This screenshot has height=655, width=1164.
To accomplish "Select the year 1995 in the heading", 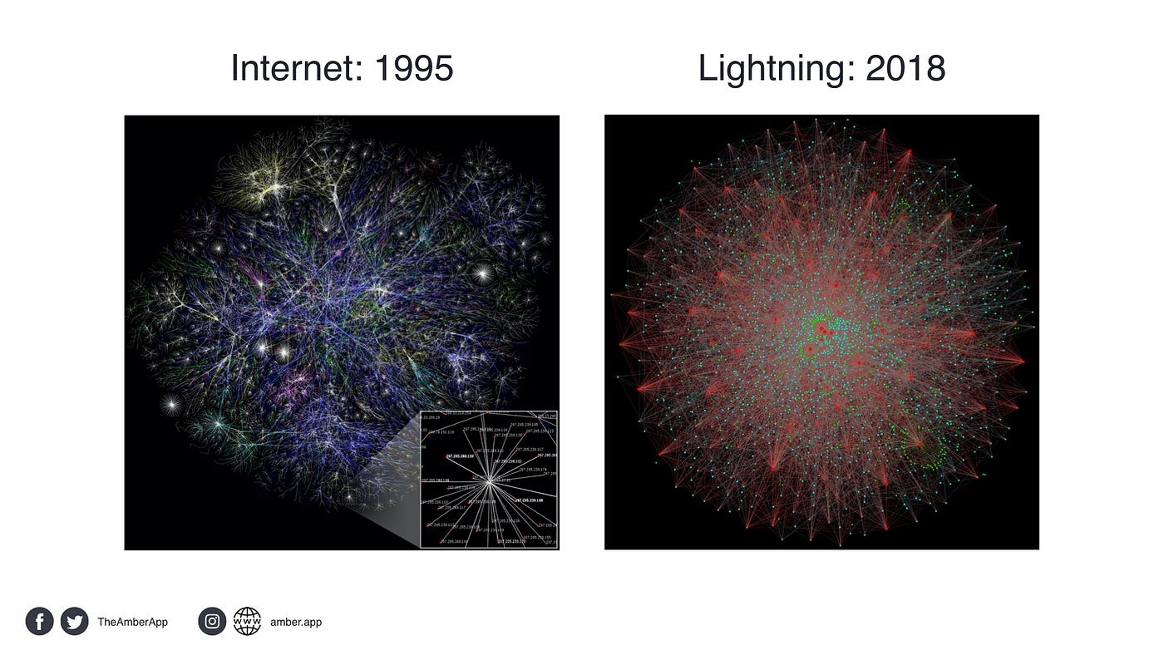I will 413,68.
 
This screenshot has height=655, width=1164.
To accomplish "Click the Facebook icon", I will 39,621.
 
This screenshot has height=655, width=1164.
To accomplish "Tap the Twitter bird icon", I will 74,621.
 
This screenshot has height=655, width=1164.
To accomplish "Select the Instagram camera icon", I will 212,621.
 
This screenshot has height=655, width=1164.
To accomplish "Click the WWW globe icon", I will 247,621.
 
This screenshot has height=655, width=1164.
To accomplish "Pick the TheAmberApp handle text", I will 132,622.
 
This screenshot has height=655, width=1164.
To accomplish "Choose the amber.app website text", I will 296,622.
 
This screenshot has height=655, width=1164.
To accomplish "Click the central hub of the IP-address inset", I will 490,481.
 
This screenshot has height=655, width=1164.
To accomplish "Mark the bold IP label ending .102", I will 459,456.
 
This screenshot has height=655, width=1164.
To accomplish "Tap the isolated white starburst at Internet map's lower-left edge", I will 172,405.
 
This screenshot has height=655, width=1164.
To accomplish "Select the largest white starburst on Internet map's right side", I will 482,271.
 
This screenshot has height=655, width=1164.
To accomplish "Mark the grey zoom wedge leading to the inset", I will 391,507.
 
